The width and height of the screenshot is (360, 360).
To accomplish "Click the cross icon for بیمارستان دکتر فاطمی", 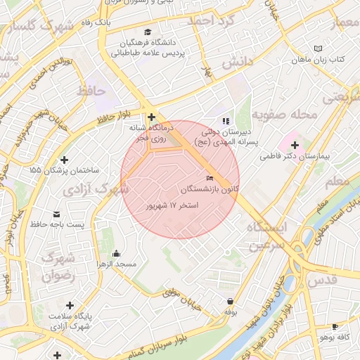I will click(295, 146).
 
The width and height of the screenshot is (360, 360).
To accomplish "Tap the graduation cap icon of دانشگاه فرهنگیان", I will click(147, 32).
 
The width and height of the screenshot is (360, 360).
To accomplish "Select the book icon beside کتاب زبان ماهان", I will click(319, 49).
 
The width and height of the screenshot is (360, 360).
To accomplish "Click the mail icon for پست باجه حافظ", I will click(56, 214).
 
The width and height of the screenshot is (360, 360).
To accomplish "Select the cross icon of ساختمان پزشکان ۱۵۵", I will click(65, 160).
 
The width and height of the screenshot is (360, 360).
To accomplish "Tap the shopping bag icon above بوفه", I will click(230, 301).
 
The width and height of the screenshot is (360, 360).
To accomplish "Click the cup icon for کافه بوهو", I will click(335, 327).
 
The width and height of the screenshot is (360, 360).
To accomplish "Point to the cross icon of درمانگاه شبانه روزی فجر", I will click(151, 116).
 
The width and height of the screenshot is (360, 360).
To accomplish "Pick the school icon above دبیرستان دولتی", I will click(225, 120).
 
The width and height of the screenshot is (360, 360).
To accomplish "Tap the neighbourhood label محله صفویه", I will click(277, 114).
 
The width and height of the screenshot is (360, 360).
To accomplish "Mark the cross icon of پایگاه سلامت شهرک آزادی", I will click(70, 305).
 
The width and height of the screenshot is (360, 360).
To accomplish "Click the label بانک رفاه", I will click(95, 22).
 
